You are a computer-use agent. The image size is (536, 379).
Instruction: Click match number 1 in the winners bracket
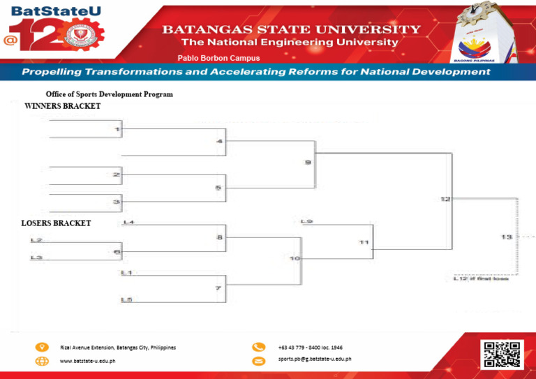[x=117, y=129]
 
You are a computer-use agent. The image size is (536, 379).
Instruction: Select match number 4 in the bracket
[x=220, y=142]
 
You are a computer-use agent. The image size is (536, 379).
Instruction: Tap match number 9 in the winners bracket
[x=308, y=163]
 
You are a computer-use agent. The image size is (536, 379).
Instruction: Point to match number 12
[x=445, y=200]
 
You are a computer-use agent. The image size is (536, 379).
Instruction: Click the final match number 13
[x=507, y=237]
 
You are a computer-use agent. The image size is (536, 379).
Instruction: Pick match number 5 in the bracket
[x=218, y=188]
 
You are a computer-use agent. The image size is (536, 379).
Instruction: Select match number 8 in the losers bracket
[x=220, y=237]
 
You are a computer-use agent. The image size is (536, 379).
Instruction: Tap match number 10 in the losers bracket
[x=295, y=259]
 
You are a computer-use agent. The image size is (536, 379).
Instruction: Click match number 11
[x=364, y=242]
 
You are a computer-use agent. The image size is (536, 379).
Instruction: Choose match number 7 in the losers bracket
[x=218, y=288]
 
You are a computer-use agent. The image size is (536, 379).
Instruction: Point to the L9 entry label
[x=306, y=222]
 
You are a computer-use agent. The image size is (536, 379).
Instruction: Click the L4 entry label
[x=128, y=223]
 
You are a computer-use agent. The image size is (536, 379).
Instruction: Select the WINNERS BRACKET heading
[x=63, y=107]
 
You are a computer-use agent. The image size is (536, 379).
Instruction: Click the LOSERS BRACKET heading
[x=56, y=223]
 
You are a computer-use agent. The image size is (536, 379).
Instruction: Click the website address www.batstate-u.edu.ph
[x=88, y=361]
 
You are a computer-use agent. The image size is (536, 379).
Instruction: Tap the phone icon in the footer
[x=259, y=347]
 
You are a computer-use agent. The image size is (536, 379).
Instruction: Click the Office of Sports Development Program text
[x=110, y=94]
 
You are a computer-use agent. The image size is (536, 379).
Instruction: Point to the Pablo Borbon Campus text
[x=219, y=58]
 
